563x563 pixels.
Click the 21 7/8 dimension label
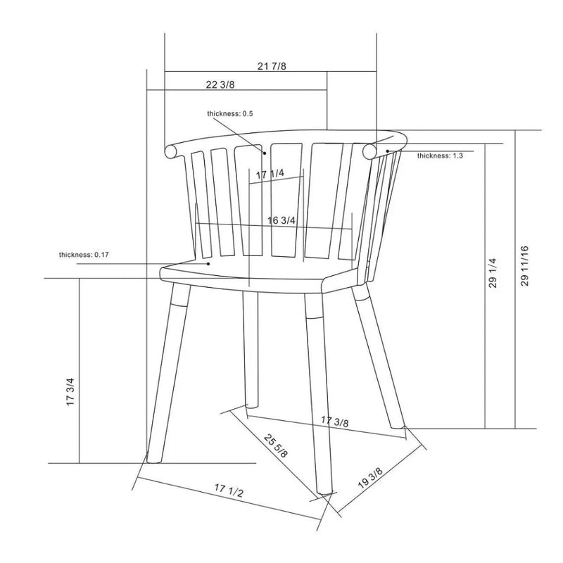point(272,66)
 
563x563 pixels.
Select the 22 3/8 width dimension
point(220,84)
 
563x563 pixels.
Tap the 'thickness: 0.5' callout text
point(230,113)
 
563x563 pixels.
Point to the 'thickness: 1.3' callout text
point(440,156)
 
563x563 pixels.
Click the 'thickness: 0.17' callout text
point(84,255)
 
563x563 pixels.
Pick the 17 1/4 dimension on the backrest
point(270,174)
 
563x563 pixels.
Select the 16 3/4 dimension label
point(281,220)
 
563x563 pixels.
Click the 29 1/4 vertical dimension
point(493,273)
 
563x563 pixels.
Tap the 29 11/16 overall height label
point(524,266)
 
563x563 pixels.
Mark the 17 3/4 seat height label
point(70,392)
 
